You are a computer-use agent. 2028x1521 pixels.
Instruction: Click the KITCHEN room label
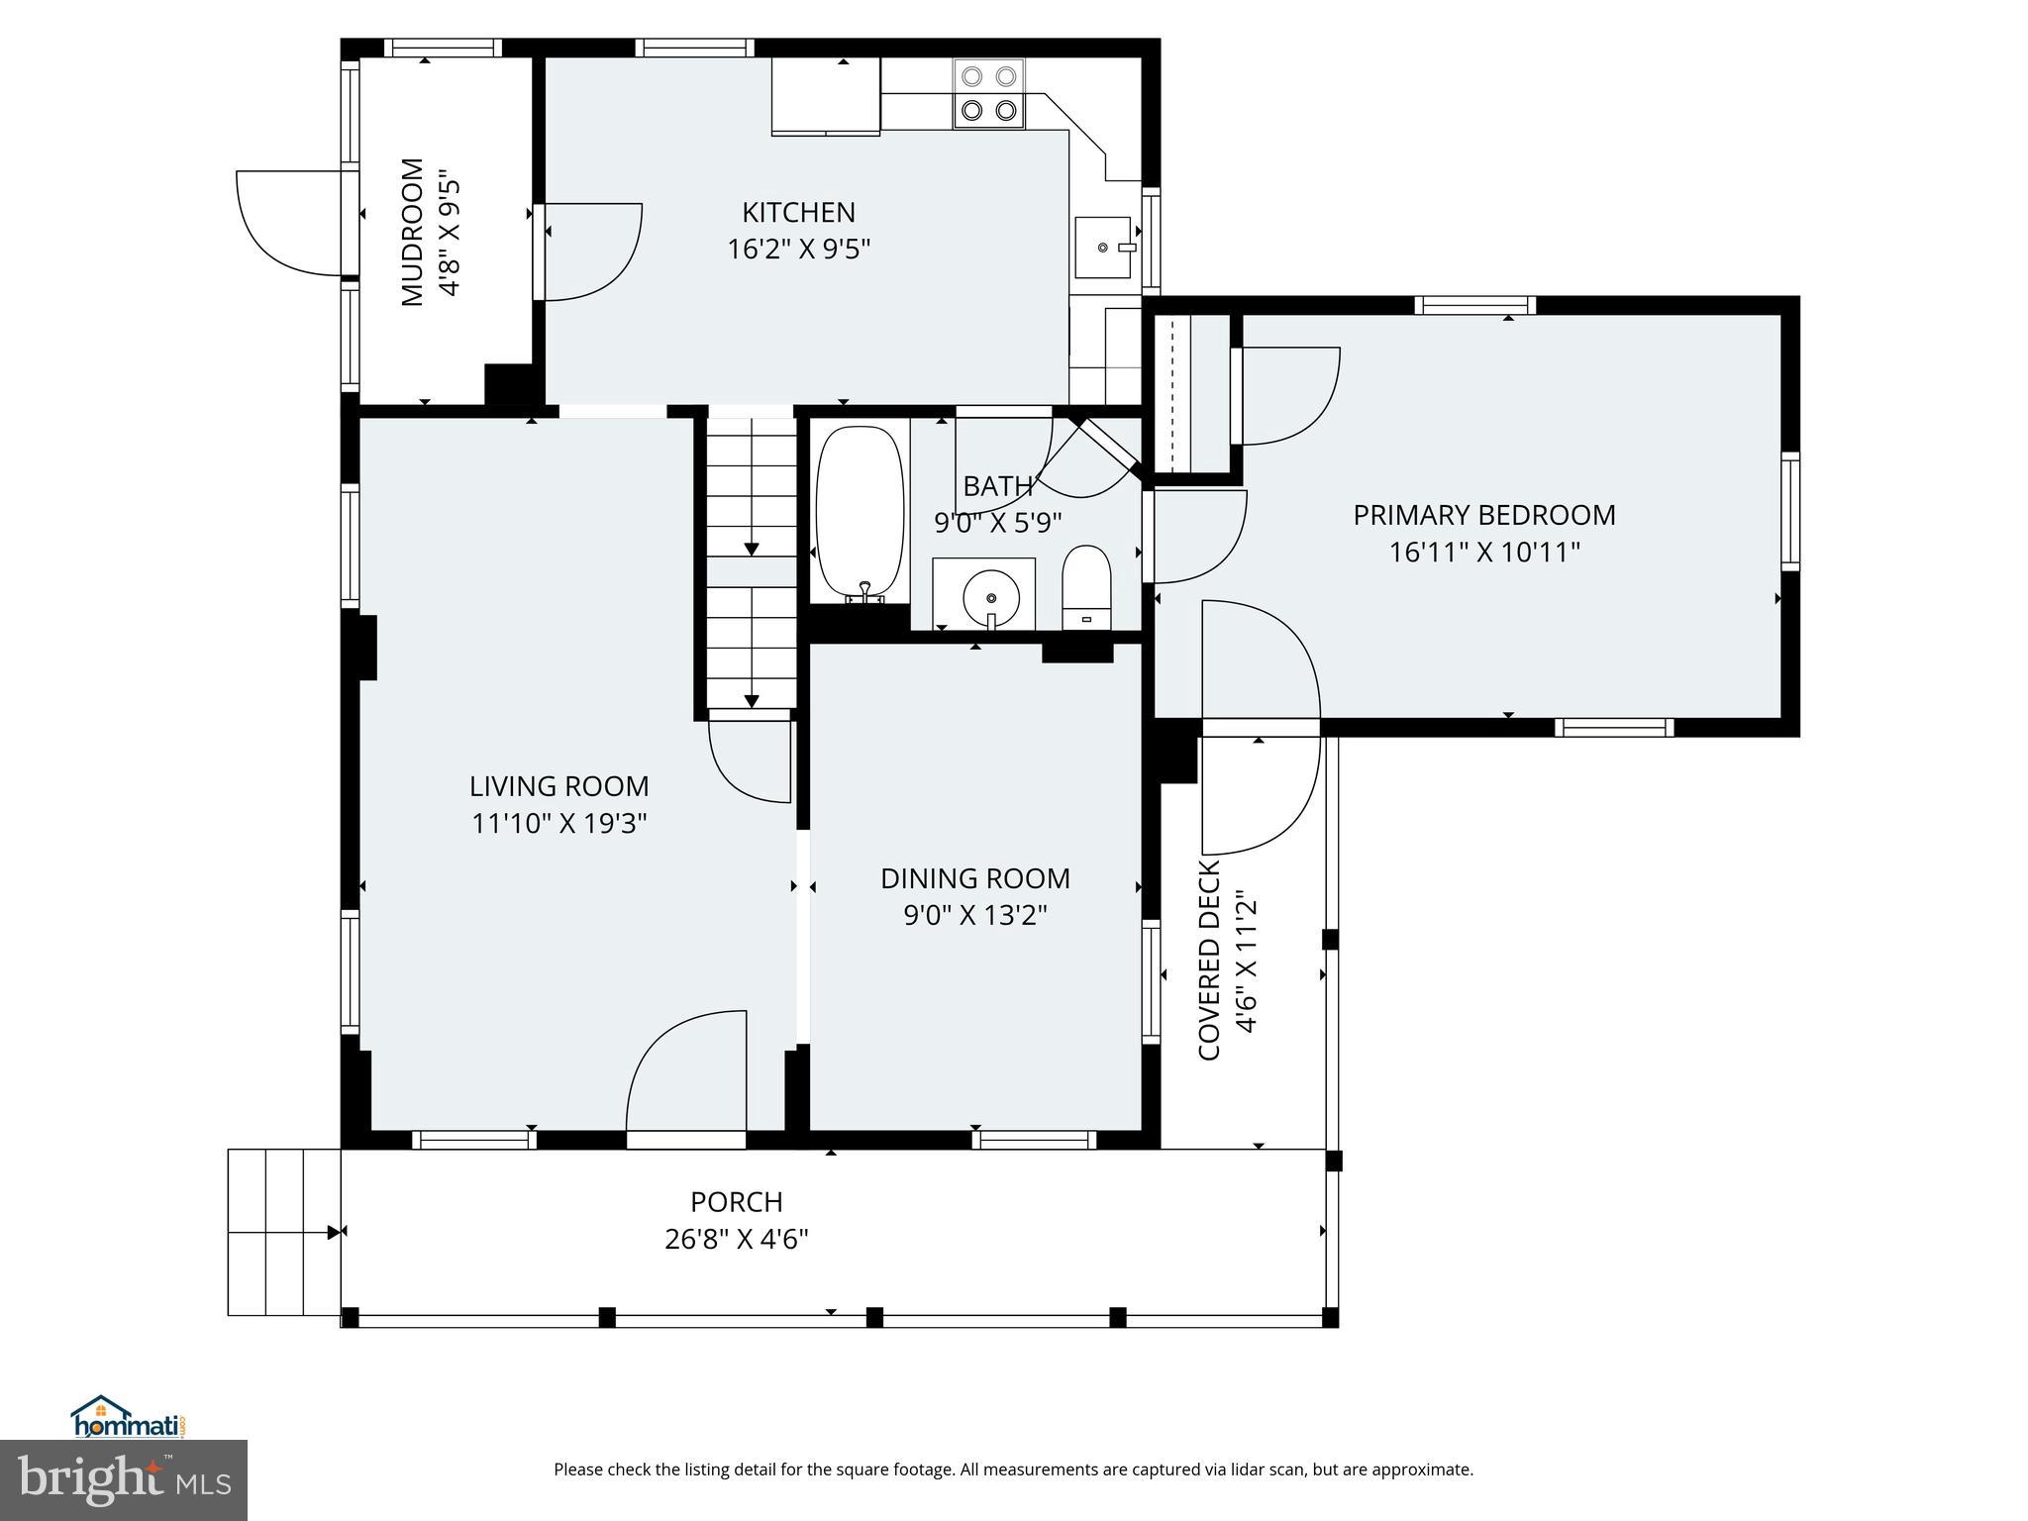tap(798, 213)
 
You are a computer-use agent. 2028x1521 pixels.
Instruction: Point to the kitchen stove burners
tap(989, 93)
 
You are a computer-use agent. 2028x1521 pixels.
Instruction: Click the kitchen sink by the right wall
tap(1103, 248)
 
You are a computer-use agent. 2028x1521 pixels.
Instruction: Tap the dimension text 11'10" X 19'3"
tap(558, 823)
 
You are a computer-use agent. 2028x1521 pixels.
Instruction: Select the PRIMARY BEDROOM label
tap(1483, 515)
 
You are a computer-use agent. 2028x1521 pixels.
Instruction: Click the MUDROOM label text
tap(412, 232)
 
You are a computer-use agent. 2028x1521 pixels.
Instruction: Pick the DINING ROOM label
tap(974, 878)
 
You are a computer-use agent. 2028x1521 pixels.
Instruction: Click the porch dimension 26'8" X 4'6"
tap(736, 1239)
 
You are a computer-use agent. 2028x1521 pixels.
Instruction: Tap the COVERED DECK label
tap(1209, 961)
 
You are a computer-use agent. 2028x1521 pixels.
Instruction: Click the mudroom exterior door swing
tap(289, 222)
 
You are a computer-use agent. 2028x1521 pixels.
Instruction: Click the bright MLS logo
tap(123, 1480)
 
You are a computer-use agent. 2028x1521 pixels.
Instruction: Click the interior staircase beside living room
tap(751, 559)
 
